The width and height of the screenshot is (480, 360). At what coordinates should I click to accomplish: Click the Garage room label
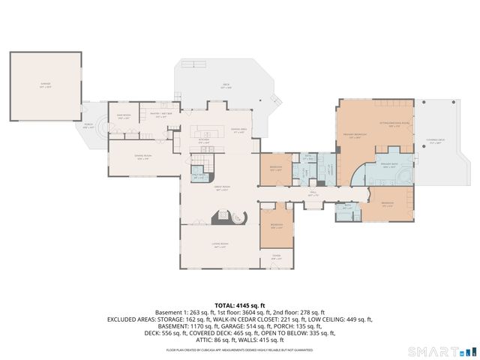44,86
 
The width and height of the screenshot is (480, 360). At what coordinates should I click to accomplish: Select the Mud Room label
124,117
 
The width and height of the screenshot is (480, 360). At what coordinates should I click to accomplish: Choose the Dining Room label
142,156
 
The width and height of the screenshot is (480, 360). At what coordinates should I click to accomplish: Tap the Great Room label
222,190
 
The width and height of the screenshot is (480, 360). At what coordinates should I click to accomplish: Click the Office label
276,259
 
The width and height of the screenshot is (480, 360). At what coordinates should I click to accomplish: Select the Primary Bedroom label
353,136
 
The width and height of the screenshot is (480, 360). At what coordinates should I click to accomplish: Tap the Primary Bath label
389,166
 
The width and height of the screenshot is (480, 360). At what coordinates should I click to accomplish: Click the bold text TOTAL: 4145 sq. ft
239,305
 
